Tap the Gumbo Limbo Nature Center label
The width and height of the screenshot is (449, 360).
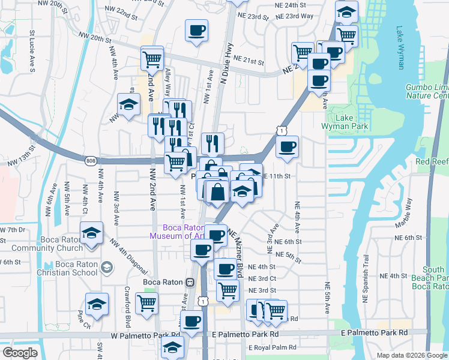pyautogui.click(x=427, y=91)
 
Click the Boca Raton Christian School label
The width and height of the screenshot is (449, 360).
pyautogui.click(x=76, y=268)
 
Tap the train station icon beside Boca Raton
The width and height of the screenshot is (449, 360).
pyautogui.click(x=190, y=282)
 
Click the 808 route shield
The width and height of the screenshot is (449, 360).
pyautogui.click(x=91, y=161)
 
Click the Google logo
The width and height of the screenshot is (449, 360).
pyautogui.click(x=20, y=353)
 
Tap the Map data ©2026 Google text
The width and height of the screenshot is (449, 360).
pyautogui.click(x=411, y=355)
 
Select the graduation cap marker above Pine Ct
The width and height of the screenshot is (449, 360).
pyautogui.click(x=96, y=304)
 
